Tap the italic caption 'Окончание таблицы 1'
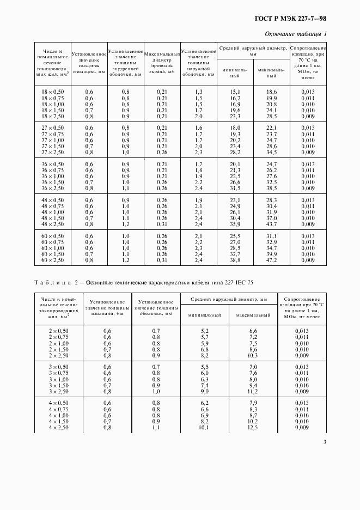(296, 34)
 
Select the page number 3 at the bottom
(325, 442)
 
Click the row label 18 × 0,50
(53, 92)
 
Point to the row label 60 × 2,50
(53, 260)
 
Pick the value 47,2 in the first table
(271, 260)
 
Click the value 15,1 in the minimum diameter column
(235, 92)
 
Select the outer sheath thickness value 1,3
(198, 92)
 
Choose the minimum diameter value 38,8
(235, 260)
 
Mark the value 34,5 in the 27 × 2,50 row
(271, 152)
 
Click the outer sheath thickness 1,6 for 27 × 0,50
(198, 128)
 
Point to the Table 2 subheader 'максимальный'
(253, 315)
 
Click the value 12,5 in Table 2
(253, 427)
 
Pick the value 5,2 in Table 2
(205, 331)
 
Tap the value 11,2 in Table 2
(253, 391)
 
